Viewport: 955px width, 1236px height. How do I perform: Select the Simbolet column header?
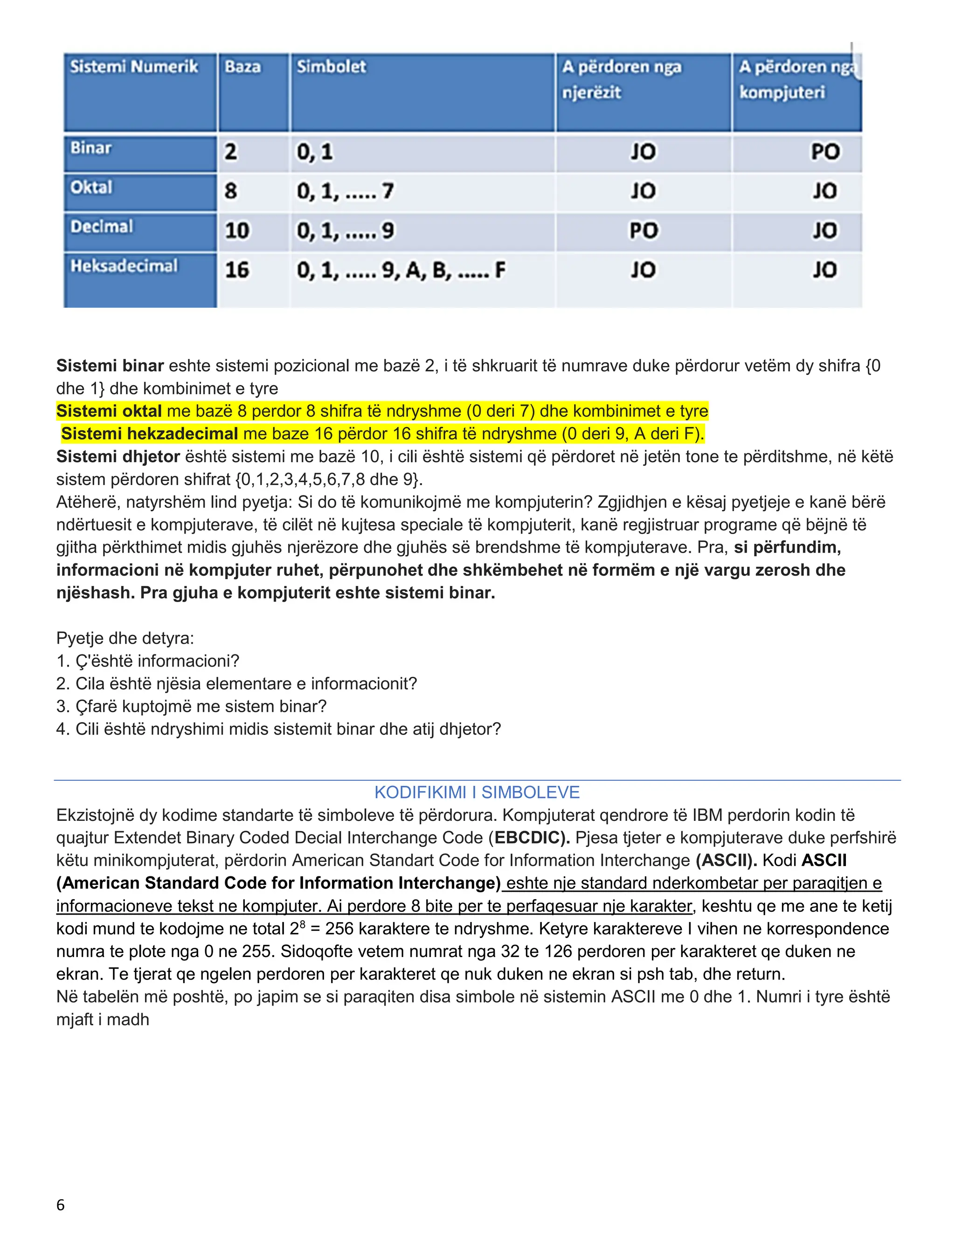[x=332, y=67]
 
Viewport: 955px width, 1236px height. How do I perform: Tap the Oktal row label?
[x=92, y=187]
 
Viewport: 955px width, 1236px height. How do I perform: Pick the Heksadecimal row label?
[x=124, y=266]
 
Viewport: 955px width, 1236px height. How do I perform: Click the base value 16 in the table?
[x=237, y=270]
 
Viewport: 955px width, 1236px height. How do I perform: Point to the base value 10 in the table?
[x=237, y=230]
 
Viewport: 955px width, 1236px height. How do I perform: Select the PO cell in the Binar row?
[x=825, y=152]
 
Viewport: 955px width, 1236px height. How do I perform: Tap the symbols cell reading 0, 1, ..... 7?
[x=345, y=191]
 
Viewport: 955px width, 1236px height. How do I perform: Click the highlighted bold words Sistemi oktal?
[x=109, y=411]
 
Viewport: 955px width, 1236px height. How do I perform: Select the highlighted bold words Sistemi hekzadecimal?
[x=149, y=433]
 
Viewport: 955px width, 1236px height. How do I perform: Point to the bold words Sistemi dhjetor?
[x=118, y=456]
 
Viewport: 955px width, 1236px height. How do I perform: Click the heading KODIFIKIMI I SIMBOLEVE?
[x=477, y=792]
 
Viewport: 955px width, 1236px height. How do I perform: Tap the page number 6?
[x=61, y=1205]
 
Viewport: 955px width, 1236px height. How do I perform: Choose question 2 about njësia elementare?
[x=236, y=684]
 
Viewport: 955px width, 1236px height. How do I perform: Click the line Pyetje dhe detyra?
[x=125, y=639]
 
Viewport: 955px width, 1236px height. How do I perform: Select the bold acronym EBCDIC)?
[x=532, y=838]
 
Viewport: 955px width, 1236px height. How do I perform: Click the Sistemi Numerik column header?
[x=134, y=67]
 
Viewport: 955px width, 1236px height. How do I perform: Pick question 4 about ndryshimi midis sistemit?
[x=278, y=729]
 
